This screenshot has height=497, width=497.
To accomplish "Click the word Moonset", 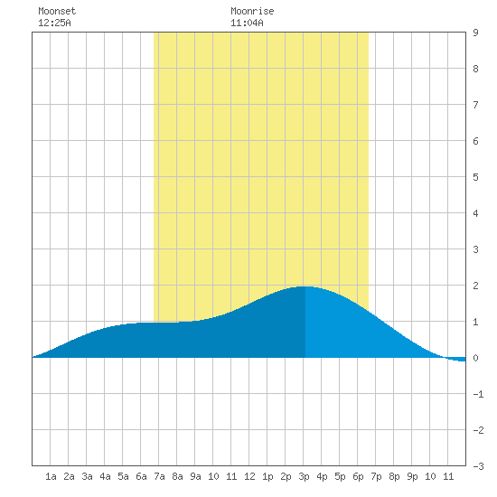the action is coord(57,11).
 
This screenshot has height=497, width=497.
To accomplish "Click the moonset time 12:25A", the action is coord(54,23).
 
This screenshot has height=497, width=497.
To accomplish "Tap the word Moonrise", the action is coord(252,11).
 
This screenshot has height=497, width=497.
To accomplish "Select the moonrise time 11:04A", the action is coord(247,23).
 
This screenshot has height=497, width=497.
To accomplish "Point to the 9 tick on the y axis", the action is coord(475,33).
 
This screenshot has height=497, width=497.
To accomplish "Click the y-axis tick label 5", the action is coord(475,177).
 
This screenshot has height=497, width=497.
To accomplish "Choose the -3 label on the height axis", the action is coord(478,466).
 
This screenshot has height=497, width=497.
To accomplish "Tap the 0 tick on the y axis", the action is coord(475,358).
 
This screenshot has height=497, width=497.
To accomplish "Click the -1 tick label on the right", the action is coord(478,394).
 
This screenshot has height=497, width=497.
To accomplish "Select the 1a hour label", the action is coord(51,476).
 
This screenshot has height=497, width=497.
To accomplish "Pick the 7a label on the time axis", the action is coord(159,476).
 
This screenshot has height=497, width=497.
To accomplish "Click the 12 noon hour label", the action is coord(249,476).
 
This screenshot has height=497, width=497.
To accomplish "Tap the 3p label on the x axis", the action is coord(304,476).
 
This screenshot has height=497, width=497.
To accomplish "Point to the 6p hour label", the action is coord(358,476).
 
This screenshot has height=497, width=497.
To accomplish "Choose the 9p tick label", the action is coord(412,476).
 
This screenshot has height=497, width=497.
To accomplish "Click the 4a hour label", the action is coord(105,476).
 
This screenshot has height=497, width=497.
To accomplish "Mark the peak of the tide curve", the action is coord(305,286).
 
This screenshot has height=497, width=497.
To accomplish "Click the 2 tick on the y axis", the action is coord(475,286).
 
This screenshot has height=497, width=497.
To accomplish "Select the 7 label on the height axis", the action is coord(475,105).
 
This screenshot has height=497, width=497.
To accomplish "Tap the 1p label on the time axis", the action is coord(267,476).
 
